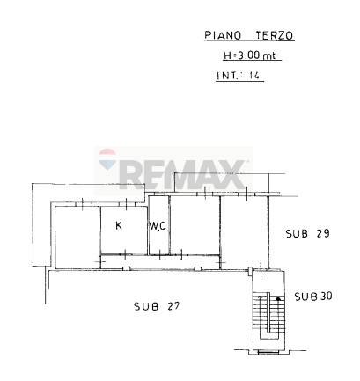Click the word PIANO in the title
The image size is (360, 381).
[x=223, y=35]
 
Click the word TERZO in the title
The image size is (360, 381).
[x=275, y=35]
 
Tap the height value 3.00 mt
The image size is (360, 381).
[x=257, y=55]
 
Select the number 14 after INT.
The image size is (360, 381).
[x=254, y=76]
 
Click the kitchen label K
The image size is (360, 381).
[x=119, y=225]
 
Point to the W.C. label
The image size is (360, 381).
[x=158, y=226]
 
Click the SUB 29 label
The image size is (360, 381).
[x=308, y=233]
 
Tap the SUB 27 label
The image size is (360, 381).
[x=157, y=306]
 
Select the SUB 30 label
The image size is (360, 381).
[x=313, y=297]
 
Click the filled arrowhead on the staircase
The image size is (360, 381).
[x=278, y=298]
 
